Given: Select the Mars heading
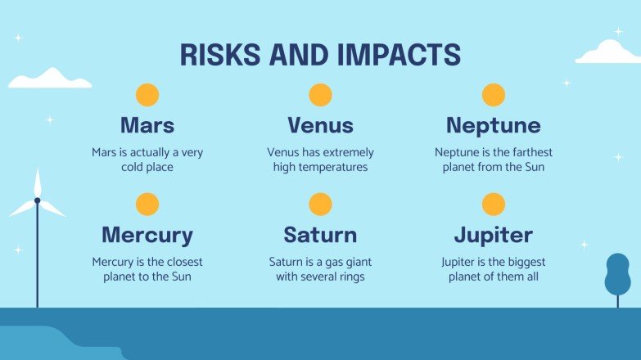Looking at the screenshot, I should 147,125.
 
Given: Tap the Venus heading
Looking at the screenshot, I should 320,125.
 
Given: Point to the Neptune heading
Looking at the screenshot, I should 493,125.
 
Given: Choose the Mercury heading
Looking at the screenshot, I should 147,236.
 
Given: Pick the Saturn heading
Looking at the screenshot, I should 320,236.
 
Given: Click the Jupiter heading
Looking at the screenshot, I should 493,236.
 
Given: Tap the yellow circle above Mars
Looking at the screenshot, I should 147,95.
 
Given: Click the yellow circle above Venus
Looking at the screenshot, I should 320,95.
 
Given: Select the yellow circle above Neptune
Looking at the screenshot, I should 493,95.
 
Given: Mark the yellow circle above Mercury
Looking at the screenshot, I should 147,205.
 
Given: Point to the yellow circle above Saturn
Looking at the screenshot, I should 320,205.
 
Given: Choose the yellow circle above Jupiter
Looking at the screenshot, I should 493,205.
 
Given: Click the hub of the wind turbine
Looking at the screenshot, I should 37,200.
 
